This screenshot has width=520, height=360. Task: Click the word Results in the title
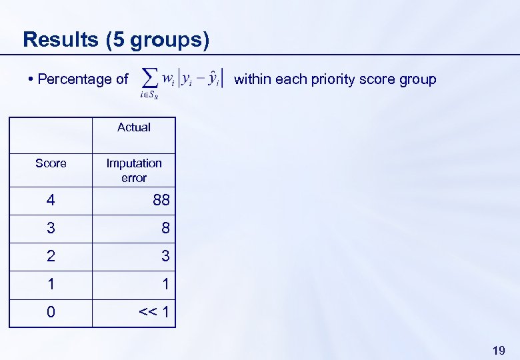tap(60, 39)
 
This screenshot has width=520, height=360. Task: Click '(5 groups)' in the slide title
tap(157, 40)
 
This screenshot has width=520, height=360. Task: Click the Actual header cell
tap(133, 127)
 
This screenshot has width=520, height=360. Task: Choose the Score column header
tap(51, 163)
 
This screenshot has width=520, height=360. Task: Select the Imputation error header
tap(133, 170)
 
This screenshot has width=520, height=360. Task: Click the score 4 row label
tap(51, 200)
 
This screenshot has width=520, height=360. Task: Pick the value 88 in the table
tap(161, 200)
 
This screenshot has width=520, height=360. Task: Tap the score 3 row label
tap(51, 228)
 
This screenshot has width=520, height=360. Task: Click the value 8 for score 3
tap(165, 228)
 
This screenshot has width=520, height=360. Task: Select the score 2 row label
tap(51, 256)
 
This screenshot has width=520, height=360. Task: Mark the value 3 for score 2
tap(165, 256)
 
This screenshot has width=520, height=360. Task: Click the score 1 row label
tap(51, 284)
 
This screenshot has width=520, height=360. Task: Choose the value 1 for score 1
tap(165, 284)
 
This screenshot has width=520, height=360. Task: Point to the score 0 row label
tap(51, 312)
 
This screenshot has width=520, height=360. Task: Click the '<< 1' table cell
tap(153, 312)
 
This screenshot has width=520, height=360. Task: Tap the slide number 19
tap(498, 350)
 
